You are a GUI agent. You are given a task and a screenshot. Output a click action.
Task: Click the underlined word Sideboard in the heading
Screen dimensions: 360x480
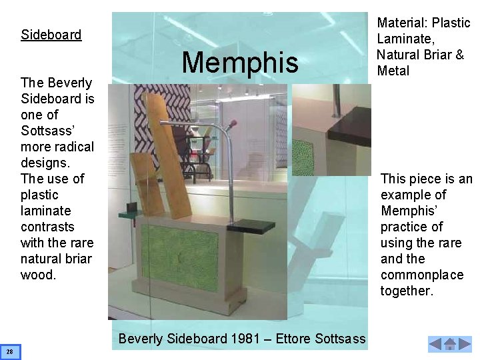(x=51, y=34)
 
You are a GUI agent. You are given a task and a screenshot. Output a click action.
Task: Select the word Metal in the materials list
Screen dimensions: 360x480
(x=394, y=71)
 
